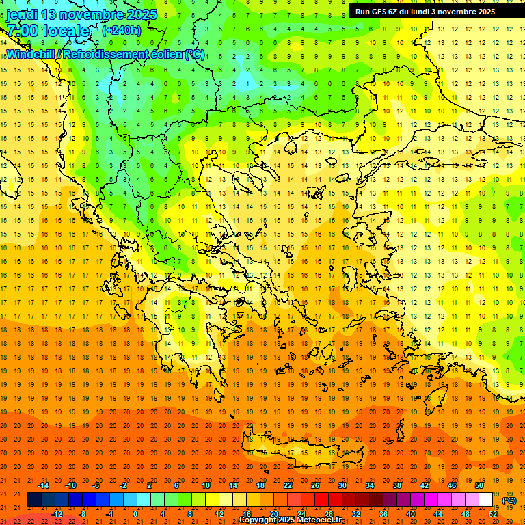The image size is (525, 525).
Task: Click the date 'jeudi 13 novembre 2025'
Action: pyautogui.click(x=81, y=14)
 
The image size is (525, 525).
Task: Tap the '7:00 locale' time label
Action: pyautogui.click(x=48, y=31)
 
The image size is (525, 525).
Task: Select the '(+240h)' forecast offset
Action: pyautogui.click(x=122, y=31)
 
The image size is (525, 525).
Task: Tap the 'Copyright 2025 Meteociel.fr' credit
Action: pyautogui.click(x=290, y=520)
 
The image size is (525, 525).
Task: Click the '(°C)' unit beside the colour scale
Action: pyautogui.click(x=509, y=500)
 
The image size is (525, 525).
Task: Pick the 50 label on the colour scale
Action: pyautogui.click(x=479, y=485)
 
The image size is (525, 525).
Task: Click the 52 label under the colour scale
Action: pyautogui.click(x=493, y=513)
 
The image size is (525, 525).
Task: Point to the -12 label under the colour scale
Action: pyautogui.click(x=57, y=513)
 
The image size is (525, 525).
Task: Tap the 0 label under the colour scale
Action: pyautogui.click(x=135, y=513)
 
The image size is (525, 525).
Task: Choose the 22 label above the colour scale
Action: pyautogui.click(x=288, y=485)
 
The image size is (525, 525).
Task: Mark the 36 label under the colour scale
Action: pyautogui.click(x=383, y=513)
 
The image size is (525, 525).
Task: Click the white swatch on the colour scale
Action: pyautogui.click(x=486, y=500)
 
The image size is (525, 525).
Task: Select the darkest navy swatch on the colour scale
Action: pyautogui.click(x=35, y=500)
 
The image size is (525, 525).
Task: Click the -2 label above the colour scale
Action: pyautogui.click(x=123, y=485)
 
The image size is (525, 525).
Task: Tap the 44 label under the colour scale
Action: pyautogui.click(x=438, y=513)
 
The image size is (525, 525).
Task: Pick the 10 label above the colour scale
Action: pyautogui.click(x=206, y=485)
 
